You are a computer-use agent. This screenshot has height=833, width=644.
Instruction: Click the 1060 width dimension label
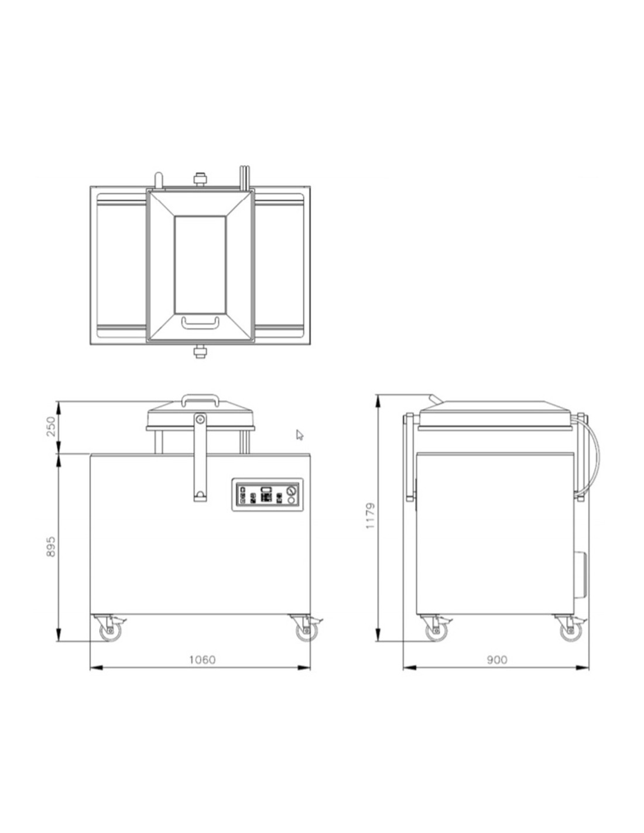pos(203,660)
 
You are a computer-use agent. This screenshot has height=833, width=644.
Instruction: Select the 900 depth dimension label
pos(497,660)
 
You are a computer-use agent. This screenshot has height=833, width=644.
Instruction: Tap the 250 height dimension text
pos(51,426)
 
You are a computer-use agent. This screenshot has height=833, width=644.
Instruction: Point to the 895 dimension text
pos(51,547)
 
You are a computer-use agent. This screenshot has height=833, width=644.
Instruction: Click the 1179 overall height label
pos(370,515)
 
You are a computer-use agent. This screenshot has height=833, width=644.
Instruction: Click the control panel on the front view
pos(268,494)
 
